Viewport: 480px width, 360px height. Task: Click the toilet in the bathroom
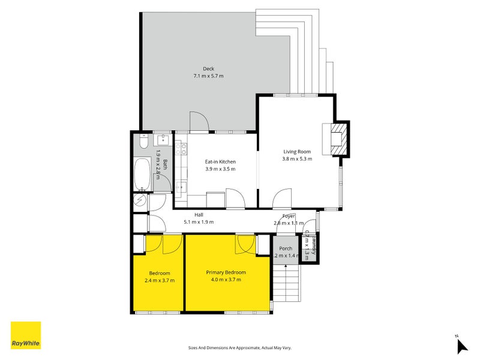pos(142,142)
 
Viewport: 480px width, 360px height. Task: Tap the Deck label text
pos(208,69)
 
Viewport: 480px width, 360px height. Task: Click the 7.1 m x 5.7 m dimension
pos(208,76)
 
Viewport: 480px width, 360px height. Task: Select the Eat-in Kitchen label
pos(220,161)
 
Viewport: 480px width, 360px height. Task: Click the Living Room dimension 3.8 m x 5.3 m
pos(297,159)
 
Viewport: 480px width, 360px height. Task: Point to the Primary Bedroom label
pos(226,272)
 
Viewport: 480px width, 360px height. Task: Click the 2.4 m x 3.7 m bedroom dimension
pos(160,280)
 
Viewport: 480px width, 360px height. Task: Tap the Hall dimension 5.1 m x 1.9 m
pos(198,222)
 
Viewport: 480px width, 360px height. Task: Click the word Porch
pos(286,248)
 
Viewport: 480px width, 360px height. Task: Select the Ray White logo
pos(26,335)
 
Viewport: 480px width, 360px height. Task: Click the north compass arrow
pos(461,346)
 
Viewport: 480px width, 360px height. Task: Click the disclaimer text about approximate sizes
pos(239,347)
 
